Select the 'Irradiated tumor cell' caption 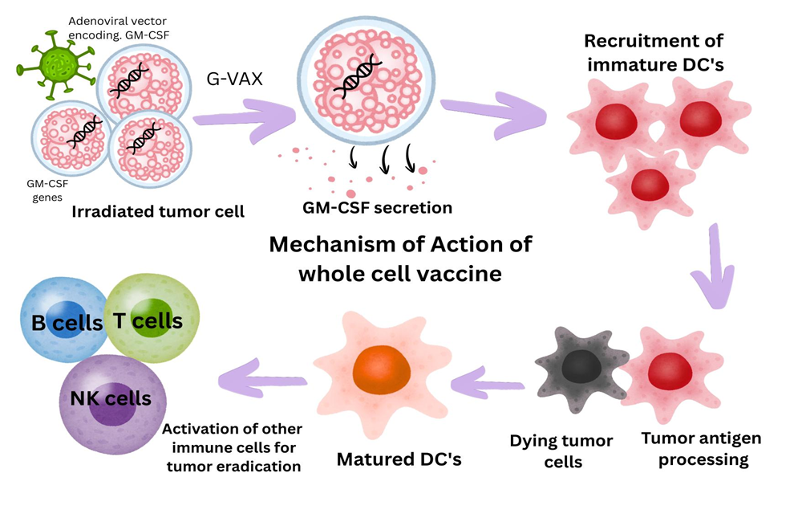point(158,212)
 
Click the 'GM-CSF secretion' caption point(377,208)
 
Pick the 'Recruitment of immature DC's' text point(654,52)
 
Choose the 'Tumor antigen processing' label point(700,449)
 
